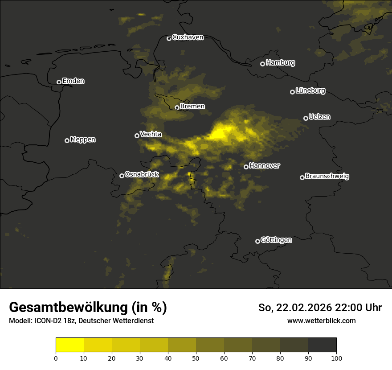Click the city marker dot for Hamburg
coord(262,64)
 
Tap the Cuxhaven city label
coord(188,37)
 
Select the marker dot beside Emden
coord(59,82)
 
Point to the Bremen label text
coord(192,107)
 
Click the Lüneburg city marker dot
coord(292,92)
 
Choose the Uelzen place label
coord(319,117)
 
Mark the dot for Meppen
coord(67,140)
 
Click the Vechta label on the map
coord(151,134)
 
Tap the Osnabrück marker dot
coord(122,176)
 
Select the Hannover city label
coord(265,166)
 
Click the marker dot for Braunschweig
coord(302,177)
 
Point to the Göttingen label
coord(276,240)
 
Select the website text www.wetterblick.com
coord(322,321)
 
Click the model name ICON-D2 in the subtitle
coord(46,321)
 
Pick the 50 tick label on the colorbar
coord(196,358)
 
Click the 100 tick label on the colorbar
coord(336,358)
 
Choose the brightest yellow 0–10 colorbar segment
coord(70,345)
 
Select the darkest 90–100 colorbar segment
coord(322,345)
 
